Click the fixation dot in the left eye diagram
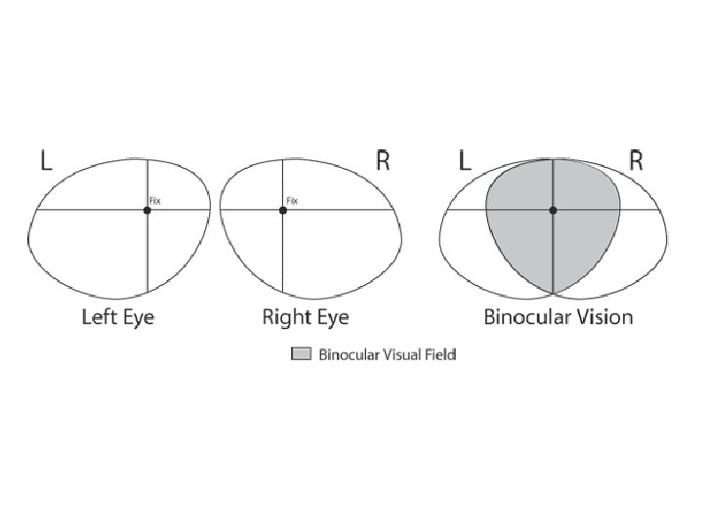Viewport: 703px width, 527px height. [x=147, y=210]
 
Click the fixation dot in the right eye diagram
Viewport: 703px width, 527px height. [x=283, y=210]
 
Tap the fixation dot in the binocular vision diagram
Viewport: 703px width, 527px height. [x=554, y=210]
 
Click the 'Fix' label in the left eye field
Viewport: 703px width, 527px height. [x=154, y=201]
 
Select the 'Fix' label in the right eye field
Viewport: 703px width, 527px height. [x=292, y=201]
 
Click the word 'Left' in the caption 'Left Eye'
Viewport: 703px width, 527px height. [x=99, y=317]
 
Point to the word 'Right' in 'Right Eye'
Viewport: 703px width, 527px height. [x=286, y=317]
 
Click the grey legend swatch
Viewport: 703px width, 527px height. [x=301, y=354]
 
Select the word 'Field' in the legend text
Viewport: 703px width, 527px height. [x=440, y=354]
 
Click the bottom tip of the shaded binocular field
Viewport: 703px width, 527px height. [x=554, y=292]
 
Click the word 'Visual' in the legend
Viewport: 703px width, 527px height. [x=397, y=354]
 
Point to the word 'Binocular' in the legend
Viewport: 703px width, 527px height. [x=345, y=354]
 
